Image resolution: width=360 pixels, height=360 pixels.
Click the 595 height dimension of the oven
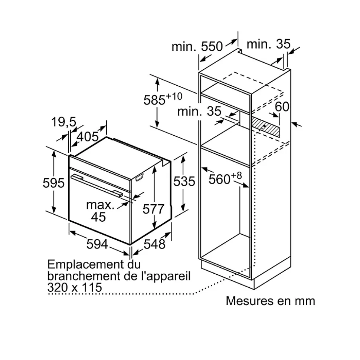tap(53, 183)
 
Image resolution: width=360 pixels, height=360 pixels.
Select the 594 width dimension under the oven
tap(97, 244)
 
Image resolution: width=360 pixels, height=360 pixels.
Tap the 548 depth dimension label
tap(154, 244)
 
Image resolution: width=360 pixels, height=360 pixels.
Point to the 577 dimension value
tap(153, 209)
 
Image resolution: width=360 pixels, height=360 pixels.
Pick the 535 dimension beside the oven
tap(184, 181)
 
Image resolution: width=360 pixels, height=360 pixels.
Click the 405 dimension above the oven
tap(88, 137)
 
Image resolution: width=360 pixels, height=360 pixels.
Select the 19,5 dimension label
tap(64, 122)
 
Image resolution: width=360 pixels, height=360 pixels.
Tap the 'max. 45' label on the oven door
tap(100, 211)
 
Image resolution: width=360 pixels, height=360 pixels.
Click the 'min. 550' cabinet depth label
tap(197, 46)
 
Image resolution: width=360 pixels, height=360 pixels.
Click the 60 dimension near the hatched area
tap(282, 106)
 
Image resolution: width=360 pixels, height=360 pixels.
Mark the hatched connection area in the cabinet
tap(266, 127)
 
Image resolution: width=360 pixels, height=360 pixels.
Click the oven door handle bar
tap(97, 185)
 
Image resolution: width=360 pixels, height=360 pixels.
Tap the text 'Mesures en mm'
tap(270, 301)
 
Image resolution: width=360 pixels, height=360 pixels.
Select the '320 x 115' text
tap(75, 287)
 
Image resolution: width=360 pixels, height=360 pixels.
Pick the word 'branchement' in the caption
tap(84, 276)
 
